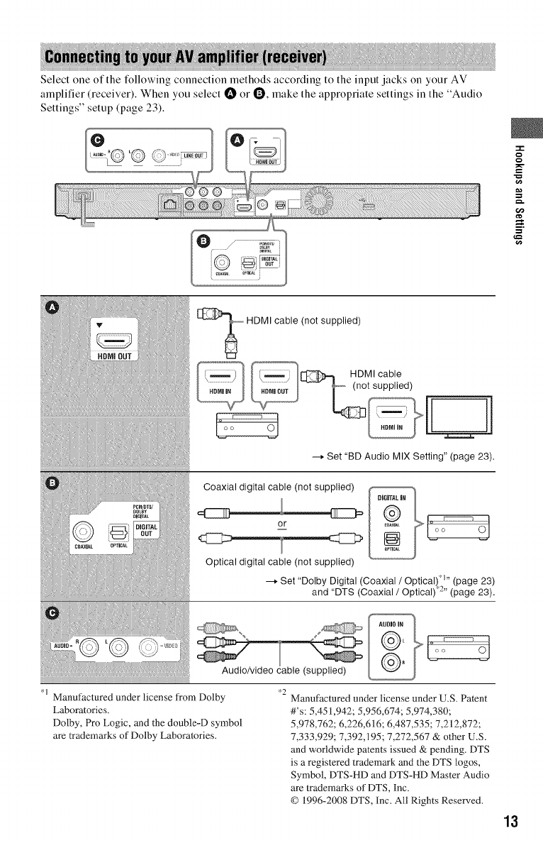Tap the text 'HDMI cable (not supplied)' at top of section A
[x=303, y=320]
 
